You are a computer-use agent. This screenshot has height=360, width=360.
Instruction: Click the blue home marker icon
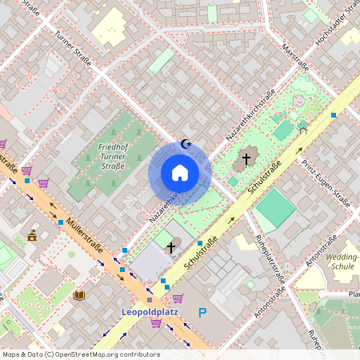180,173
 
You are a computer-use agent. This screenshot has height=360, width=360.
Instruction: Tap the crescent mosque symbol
186,145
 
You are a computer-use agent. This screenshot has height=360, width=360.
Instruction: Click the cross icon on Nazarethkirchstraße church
246,159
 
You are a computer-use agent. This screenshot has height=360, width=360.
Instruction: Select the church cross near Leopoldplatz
170,248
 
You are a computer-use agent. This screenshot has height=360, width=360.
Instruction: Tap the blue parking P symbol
202,313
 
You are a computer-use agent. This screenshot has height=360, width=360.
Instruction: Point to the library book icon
78,295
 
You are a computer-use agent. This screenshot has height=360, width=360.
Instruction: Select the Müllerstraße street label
84,238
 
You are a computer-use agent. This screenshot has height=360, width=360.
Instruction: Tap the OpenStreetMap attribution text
81,354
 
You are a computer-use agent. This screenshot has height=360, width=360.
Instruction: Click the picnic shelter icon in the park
302,125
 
